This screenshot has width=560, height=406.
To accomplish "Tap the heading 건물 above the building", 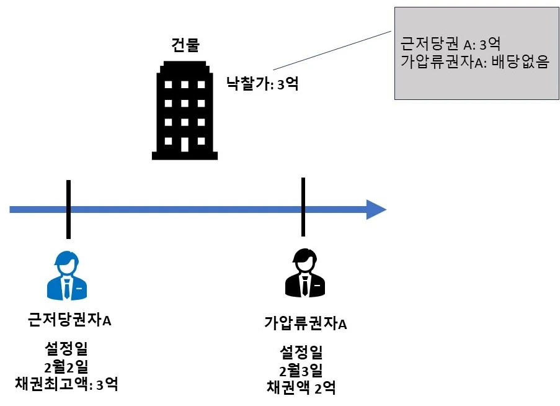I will click(x=185, y=44).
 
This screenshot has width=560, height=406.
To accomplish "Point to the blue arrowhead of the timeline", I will click(x=375, y=210).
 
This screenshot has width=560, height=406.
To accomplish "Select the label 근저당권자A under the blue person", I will click(x=69, y=320).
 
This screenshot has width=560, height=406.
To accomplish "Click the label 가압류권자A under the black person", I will click(x=305, y=323).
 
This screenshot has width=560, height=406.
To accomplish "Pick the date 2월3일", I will click(x=301, y=370).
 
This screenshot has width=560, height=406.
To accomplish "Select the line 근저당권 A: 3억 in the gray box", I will click(x=451, y=44).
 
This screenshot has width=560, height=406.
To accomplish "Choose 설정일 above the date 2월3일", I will click(x=301, y=353).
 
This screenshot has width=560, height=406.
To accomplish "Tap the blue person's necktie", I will click(x=68, y=287).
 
